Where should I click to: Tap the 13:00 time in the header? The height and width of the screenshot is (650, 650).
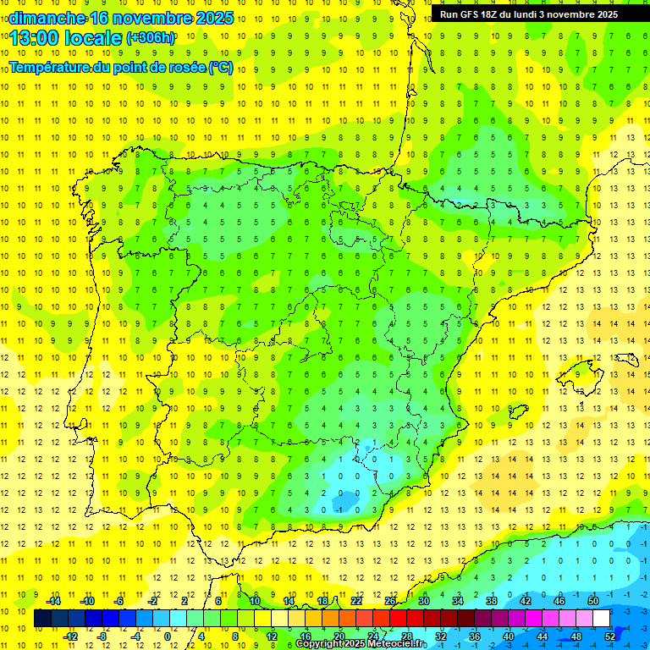[x=34, y=38]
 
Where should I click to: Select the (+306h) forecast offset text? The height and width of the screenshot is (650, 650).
[x=151, y=38]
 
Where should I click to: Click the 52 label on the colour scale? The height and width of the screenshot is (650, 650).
[x=610, y=636]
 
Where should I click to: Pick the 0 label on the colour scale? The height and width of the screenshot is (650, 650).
[x=168, y=636]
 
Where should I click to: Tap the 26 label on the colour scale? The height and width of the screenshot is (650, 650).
[x=390, y=600]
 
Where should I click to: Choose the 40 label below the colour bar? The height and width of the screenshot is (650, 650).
[x=509, y=636]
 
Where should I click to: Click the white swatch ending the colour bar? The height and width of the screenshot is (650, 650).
[x=601, y=618]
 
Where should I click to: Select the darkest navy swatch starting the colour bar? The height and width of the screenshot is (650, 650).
[x=42, y=618]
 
